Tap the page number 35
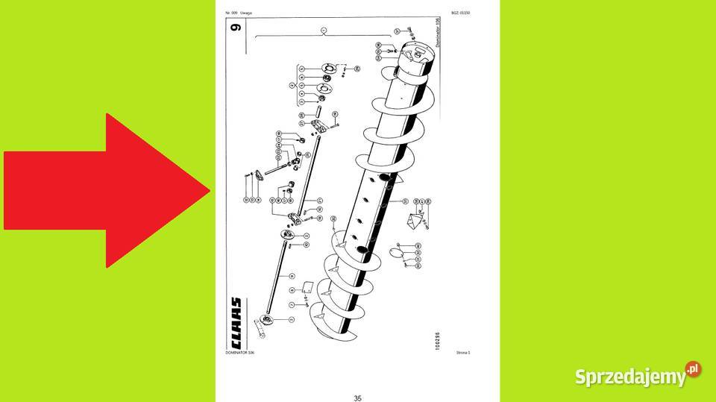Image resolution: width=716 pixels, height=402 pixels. tap(357, 377)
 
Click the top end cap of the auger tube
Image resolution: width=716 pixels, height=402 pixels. tap(415, 55)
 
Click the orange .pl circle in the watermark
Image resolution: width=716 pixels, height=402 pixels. tap(693, 369)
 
